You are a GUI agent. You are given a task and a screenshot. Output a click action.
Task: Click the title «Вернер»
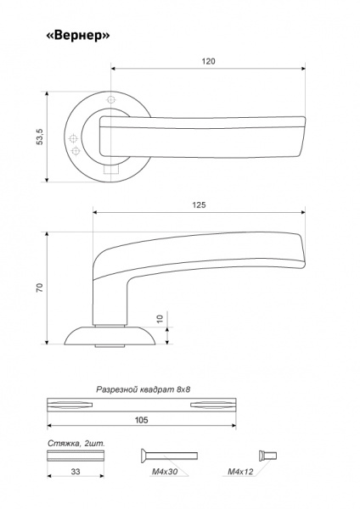(78, 36)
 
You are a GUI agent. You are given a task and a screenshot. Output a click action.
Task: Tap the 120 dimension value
(208, 61)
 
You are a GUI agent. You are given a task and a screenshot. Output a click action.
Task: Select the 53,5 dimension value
(40, 137)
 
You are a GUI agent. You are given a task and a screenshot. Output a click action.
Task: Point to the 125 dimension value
(200, 205)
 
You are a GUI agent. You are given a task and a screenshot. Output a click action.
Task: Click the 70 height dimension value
(40, 288)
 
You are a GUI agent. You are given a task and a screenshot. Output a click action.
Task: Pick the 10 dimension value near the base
(160, 319)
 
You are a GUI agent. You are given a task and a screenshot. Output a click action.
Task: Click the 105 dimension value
(141, 420)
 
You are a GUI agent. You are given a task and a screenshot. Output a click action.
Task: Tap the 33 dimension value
(76, 472)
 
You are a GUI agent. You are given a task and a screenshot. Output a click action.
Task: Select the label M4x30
(165, 472)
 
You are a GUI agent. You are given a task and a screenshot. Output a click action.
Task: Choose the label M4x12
(240, 472)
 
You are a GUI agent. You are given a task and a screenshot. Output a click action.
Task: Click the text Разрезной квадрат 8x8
(143, 389)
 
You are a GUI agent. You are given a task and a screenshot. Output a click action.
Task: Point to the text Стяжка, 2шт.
(76, 444)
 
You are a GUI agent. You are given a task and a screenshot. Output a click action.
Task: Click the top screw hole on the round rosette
(111, 100)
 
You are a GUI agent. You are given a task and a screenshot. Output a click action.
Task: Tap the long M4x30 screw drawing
(169, 456)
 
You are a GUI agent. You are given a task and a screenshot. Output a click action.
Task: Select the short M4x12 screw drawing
(267, 456)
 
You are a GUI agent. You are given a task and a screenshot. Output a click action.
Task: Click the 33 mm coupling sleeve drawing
(76, 456)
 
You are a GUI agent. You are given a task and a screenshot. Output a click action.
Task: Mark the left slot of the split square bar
(70, 405)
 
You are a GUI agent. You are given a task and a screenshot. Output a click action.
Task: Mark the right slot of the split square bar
(213, 405)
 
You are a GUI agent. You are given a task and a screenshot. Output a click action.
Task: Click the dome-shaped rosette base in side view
(110, 336)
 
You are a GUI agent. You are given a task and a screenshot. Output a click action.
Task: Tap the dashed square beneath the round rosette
(110, 170)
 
